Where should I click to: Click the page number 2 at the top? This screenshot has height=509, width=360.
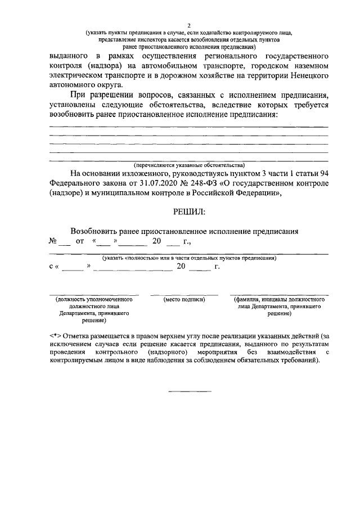(x=189, y=25)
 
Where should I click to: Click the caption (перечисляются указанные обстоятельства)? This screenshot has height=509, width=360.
(x=189, y=165)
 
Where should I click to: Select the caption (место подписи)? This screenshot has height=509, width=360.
(x=184, y=300)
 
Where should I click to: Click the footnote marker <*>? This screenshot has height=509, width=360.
(x=55, y=335)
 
